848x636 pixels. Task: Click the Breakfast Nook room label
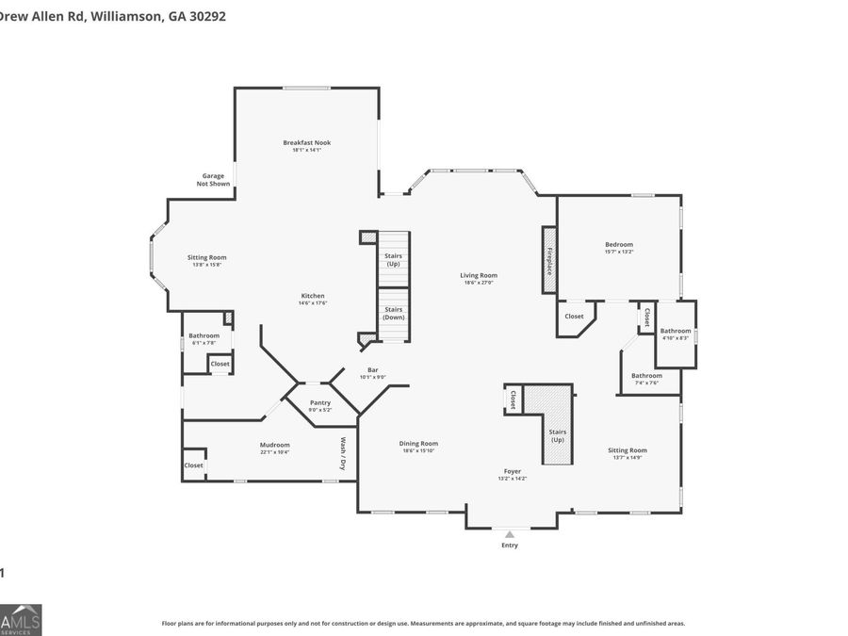306,143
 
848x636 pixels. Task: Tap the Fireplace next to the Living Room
548,259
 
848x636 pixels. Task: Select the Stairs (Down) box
394,314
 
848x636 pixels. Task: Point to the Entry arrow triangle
510,534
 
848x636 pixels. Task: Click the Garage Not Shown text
213,179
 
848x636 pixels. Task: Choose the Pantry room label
320,402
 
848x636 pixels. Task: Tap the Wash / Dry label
344,453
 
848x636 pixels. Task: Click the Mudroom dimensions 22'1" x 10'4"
274,452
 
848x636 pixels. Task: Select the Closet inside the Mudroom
193,465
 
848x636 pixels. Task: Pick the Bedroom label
619,244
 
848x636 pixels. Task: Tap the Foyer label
513,471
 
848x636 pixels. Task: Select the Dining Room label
417,443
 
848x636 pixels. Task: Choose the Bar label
372,369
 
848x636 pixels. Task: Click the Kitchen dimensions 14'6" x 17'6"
312,302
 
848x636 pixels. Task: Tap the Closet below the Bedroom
574,317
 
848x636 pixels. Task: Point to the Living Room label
480,275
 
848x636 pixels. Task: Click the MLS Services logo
21,619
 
